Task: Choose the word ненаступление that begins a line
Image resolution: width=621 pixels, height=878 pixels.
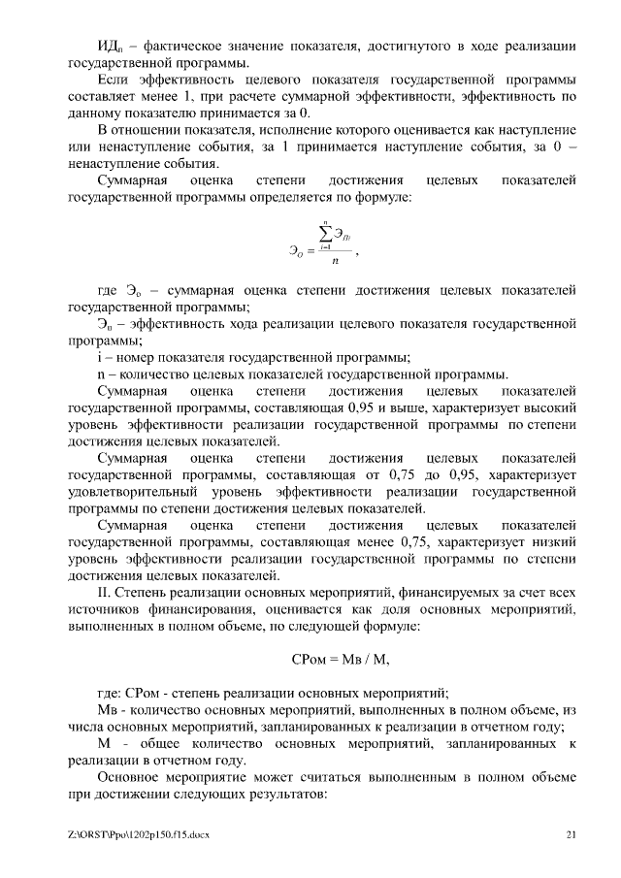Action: coord(110,164)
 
